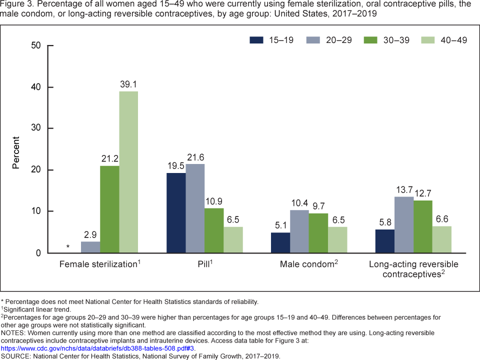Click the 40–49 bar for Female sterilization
click(x=128, y=172)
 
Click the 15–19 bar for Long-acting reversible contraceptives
click(x=384, y=241)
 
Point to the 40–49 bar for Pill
click(x=233, y=239)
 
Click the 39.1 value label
click(x=128, y=84)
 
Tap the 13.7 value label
click(x=403, y=189)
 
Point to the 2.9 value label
click(x=90, y=234)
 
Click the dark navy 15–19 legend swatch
click(x=257, y=40)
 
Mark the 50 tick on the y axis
click(x=35, y=46)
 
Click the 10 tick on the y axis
click(x=35, y=211)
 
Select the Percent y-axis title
click(x=16, y=152)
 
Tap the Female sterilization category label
click(x=99, y=264)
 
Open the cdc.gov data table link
click(x=98, y=348)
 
